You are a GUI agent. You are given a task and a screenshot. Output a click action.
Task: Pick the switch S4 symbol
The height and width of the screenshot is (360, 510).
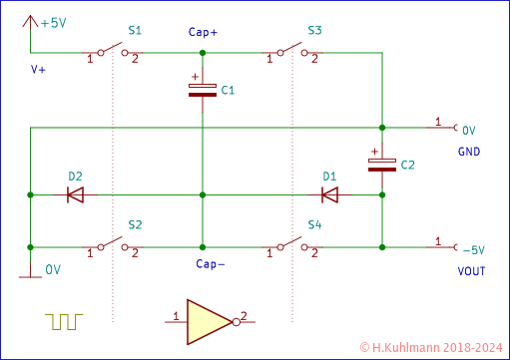[x=291, y=243]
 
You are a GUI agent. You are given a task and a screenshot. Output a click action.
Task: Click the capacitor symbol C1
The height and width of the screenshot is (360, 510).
[x=202, y=89]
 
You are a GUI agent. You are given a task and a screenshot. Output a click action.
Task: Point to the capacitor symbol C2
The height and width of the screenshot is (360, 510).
[x=382, y=164]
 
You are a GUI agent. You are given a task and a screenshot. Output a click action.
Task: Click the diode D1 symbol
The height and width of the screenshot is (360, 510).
[x=329, y=193]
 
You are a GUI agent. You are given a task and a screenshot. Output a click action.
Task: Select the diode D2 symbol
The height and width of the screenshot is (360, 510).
[x=75, y=193]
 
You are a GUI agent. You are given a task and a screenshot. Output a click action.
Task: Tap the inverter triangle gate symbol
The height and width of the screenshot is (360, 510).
[x=208, y=319]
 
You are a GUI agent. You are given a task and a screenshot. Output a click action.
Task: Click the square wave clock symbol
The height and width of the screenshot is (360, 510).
[x=64, y=320]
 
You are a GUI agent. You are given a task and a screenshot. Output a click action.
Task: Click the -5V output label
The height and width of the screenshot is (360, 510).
[x=472, y=248]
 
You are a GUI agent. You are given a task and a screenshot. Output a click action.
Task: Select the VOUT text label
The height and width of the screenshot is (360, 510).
[x=470, y=268]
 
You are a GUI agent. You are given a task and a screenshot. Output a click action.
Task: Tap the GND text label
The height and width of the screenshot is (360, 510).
[x=469, y=152]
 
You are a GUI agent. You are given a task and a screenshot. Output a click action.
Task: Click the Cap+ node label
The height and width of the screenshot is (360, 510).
[x=203, y=32]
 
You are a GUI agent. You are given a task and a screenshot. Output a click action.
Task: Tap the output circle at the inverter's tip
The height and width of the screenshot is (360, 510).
[x=236, y=319]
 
